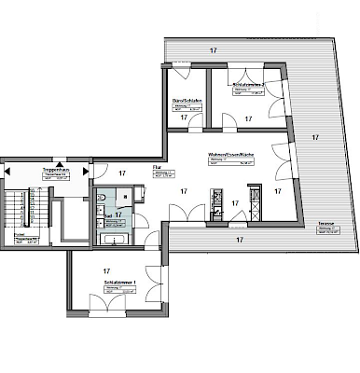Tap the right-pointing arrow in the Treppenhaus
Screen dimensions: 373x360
point(85,172)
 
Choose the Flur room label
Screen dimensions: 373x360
point(159,168)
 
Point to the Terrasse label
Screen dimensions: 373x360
point(325,225)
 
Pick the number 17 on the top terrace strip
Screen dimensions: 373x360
point(214,48)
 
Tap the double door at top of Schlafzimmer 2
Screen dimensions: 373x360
point(246,66)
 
